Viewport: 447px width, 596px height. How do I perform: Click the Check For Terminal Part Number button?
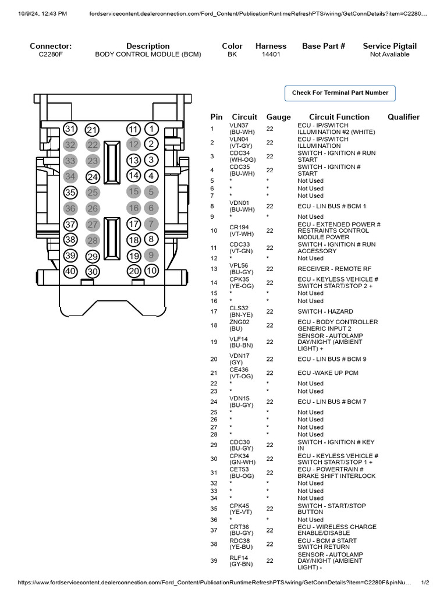click(x=340, y=93)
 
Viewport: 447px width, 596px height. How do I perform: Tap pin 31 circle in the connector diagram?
click(x=70, y=129)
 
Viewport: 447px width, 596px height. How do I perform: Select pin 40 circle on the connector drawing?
click(x=70, y=271)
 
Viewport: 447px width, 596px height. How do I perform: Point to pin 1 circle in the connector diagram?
click(x=151, y=129)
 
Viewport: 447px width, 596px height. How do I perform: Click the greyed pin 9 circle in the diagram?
click(x=151, y=254)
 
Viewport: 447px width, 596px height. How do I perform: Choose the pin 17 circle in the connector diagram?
click(x=133, y=223)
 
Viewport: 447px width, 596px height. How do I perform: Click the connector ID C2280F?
click(x=51, y=55)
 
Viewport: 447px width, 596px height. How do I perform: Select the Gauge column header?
click(x=278, y=117)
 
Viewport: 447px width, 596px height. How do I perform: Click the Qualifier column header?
click(x=403, y=117)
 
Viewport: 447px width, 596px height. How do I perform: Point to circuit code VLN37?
click(x=239, y=125)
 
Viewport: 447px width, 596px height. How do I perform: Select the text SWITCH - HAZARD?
click(x=325, y=311)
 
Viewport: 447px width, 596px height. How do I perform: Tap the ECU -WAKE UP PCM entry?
click(x=328, y=372)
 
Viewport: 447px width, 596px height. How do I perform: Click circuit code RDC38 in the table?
click(x=239, y=541)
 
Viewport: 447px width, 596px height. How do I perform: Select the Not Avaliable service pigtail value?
click(x=389, y=55)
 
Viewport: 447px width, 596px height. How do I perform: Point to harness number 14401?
click(x=271, y=55)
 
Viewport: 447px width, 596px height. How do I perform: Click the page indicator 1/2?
click(x=425, y=583)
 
